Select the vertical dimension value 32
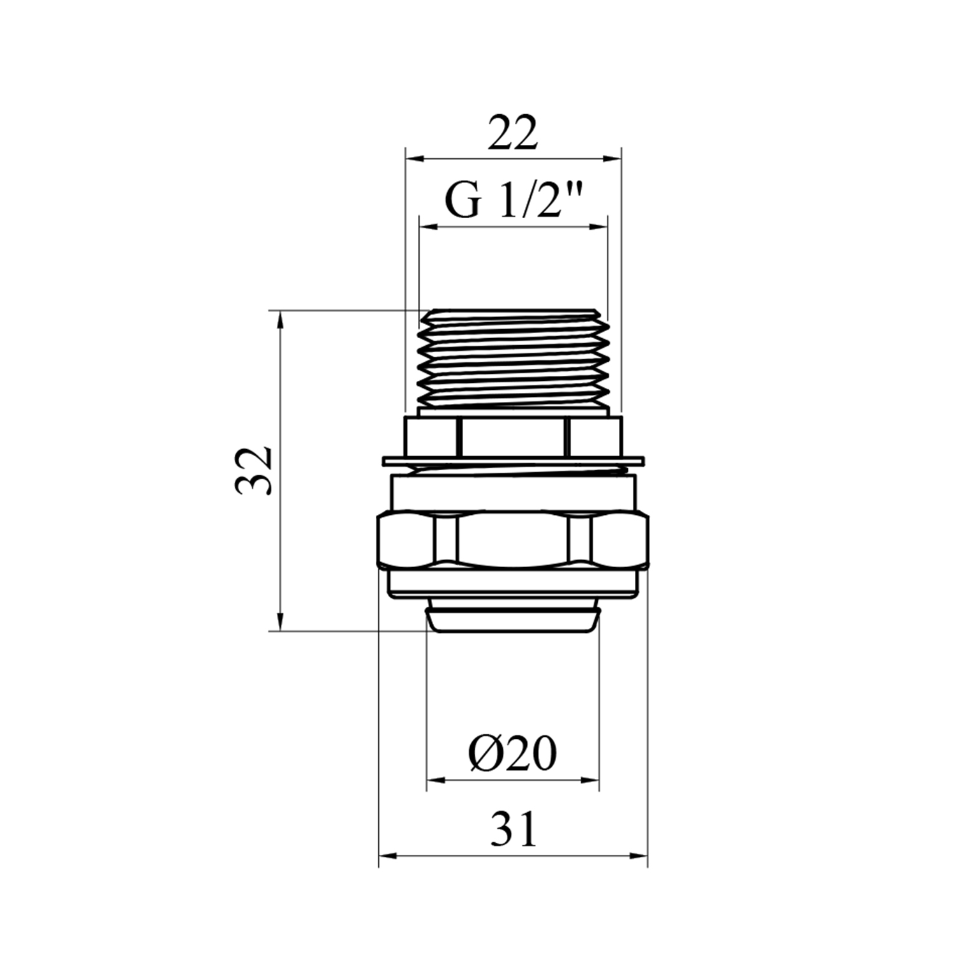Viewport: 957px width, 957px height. coord(254,471)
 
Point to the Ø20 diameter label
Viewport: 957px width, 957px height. coord(512,753)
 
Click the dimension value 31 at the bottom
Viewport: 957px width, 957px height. coord(514,829)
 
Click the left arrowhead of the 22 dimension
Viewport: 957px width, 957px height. coord(414,158)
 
